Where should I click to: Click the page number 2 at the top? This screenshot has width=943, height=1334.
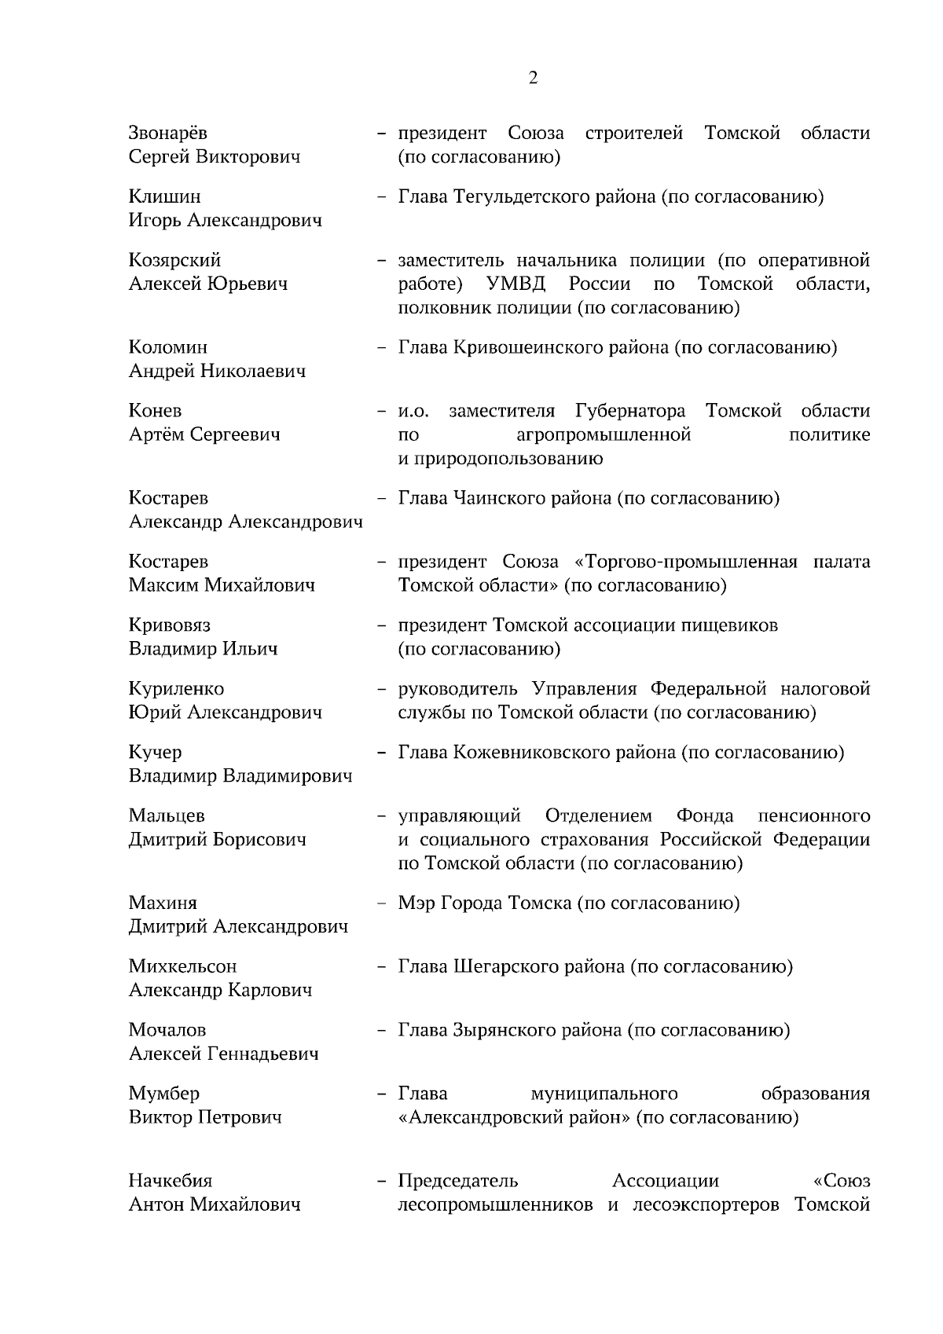click(x=533, y=78)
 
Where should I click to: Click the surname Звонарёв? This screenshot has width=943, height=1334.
click(x=168, y=133)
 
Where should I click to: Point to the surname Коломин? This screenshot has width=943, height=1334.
click(x=168, y=347)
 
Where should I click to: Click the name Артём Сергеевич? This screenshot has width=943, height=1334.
click(x=204, y=434)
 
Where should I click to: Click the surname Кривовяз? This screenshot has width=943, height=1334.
click(x=170, y=625)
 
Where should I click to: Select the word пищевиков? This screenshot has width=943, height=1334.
click(x=728, y=625)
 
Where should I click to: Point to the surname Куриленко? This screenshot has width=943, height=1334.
click(x=176, y=689)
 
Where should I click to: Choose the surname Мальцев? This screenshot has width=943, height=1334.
click(x=167, y=815)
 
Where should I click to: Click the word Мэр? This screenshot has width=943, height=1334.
click(x=414, y=903)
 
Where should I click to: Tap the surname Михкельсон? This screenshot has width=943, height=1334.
click(x=182, y=966)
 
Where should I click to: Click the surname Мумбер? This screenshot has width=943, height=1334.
click(x=164, y=1094)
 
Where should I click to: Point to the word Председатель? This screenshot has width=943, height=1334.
click(x=458, y=1181)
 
